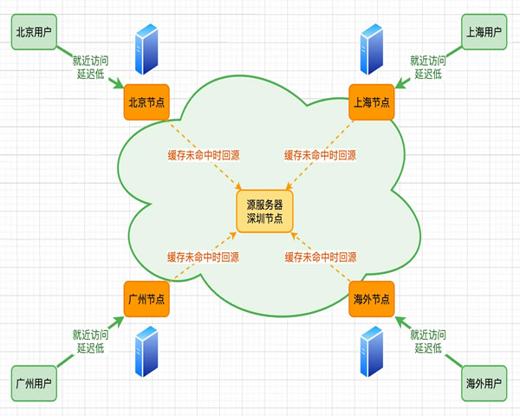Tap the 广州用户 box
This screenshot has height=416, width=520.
pyautogui.click(x=34, y=382)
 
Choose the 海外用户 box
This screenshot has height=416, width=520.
pyautogui.click(x=484, y=382)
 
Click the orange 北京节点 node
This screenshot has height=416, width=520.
pyautogui.click(x=146, y=101)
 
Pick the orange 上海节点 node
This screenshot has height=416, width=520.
pyautogui.click(x=371, y=101)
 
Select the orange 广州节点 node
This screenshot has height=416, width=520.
pyautogui.click(x=146, y=299)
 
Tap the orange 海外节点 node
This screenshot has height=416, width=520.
pyautogui.click(x=371, y=299)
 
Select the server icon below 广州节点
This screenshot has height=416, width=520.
pyautogui.click(x=146, y=352)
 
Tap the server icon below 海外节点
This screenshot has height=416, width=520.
pyautogui.click(x=372, y=352)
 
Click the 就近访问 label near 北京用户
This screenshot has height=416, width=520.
pyautogui.click(x=90, y=61)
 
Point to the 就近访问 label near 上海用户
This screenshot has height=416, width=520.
pyautogui.click(x=428, y=61)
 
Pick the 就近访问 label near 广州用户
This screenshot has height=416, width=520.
pyautogui.click(x=90, y=335)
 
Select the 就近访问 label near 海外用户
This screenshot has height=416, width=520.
pyautogui.click(x=428, y=335)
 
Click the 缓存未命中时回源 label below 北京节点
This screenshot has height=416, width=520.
pyautogui.click(x=203, y=156)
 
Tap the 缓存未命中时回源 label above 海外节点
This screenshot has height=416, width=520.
pyautogui.click(x=320, y=257)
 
